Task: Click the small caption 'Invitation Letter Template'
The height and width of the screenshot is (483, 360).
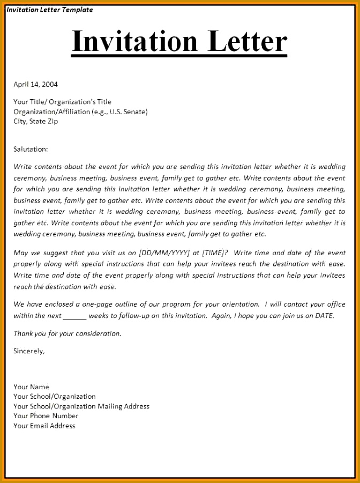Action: [x=50, y=10]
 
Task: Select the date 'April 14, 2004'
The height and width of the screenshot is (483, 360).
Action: [x=35, y=84]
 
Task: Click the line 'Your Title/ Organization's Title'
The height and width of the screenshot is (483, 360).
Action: [x=62, y=102]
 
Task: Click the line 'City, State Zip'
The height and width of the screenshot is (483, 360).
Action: [x=36, y=121]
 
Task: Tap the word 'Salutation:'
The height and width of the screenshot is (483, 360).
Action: [x=31, y=149]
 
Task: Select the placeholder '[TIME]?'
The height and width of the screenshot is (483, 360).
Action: [x=215, y=253]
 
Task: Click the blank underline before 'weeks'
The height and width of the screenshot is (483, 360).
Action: [x=74, y=316]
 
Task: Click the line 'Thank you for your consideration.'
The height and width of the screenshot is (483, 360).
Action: [x=67, y=333]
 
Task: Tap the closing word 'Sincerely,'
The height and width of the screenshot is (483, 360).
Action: [x=29, y=351]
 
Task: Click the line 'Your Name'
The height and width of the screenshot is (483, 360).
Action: [x=31, y=387]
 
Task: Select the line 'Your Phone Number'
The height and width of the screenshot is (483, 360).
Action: [x=46, y=416]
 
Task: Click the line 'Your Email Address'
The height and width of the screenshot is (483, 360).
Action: [x=44, y=426]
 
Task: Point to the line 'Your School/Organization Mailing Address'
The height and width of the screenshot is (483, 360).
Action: [x=81, y=406]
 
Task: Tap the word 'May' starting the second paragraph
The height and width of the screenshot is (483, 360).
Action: [x=20, y=253]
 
